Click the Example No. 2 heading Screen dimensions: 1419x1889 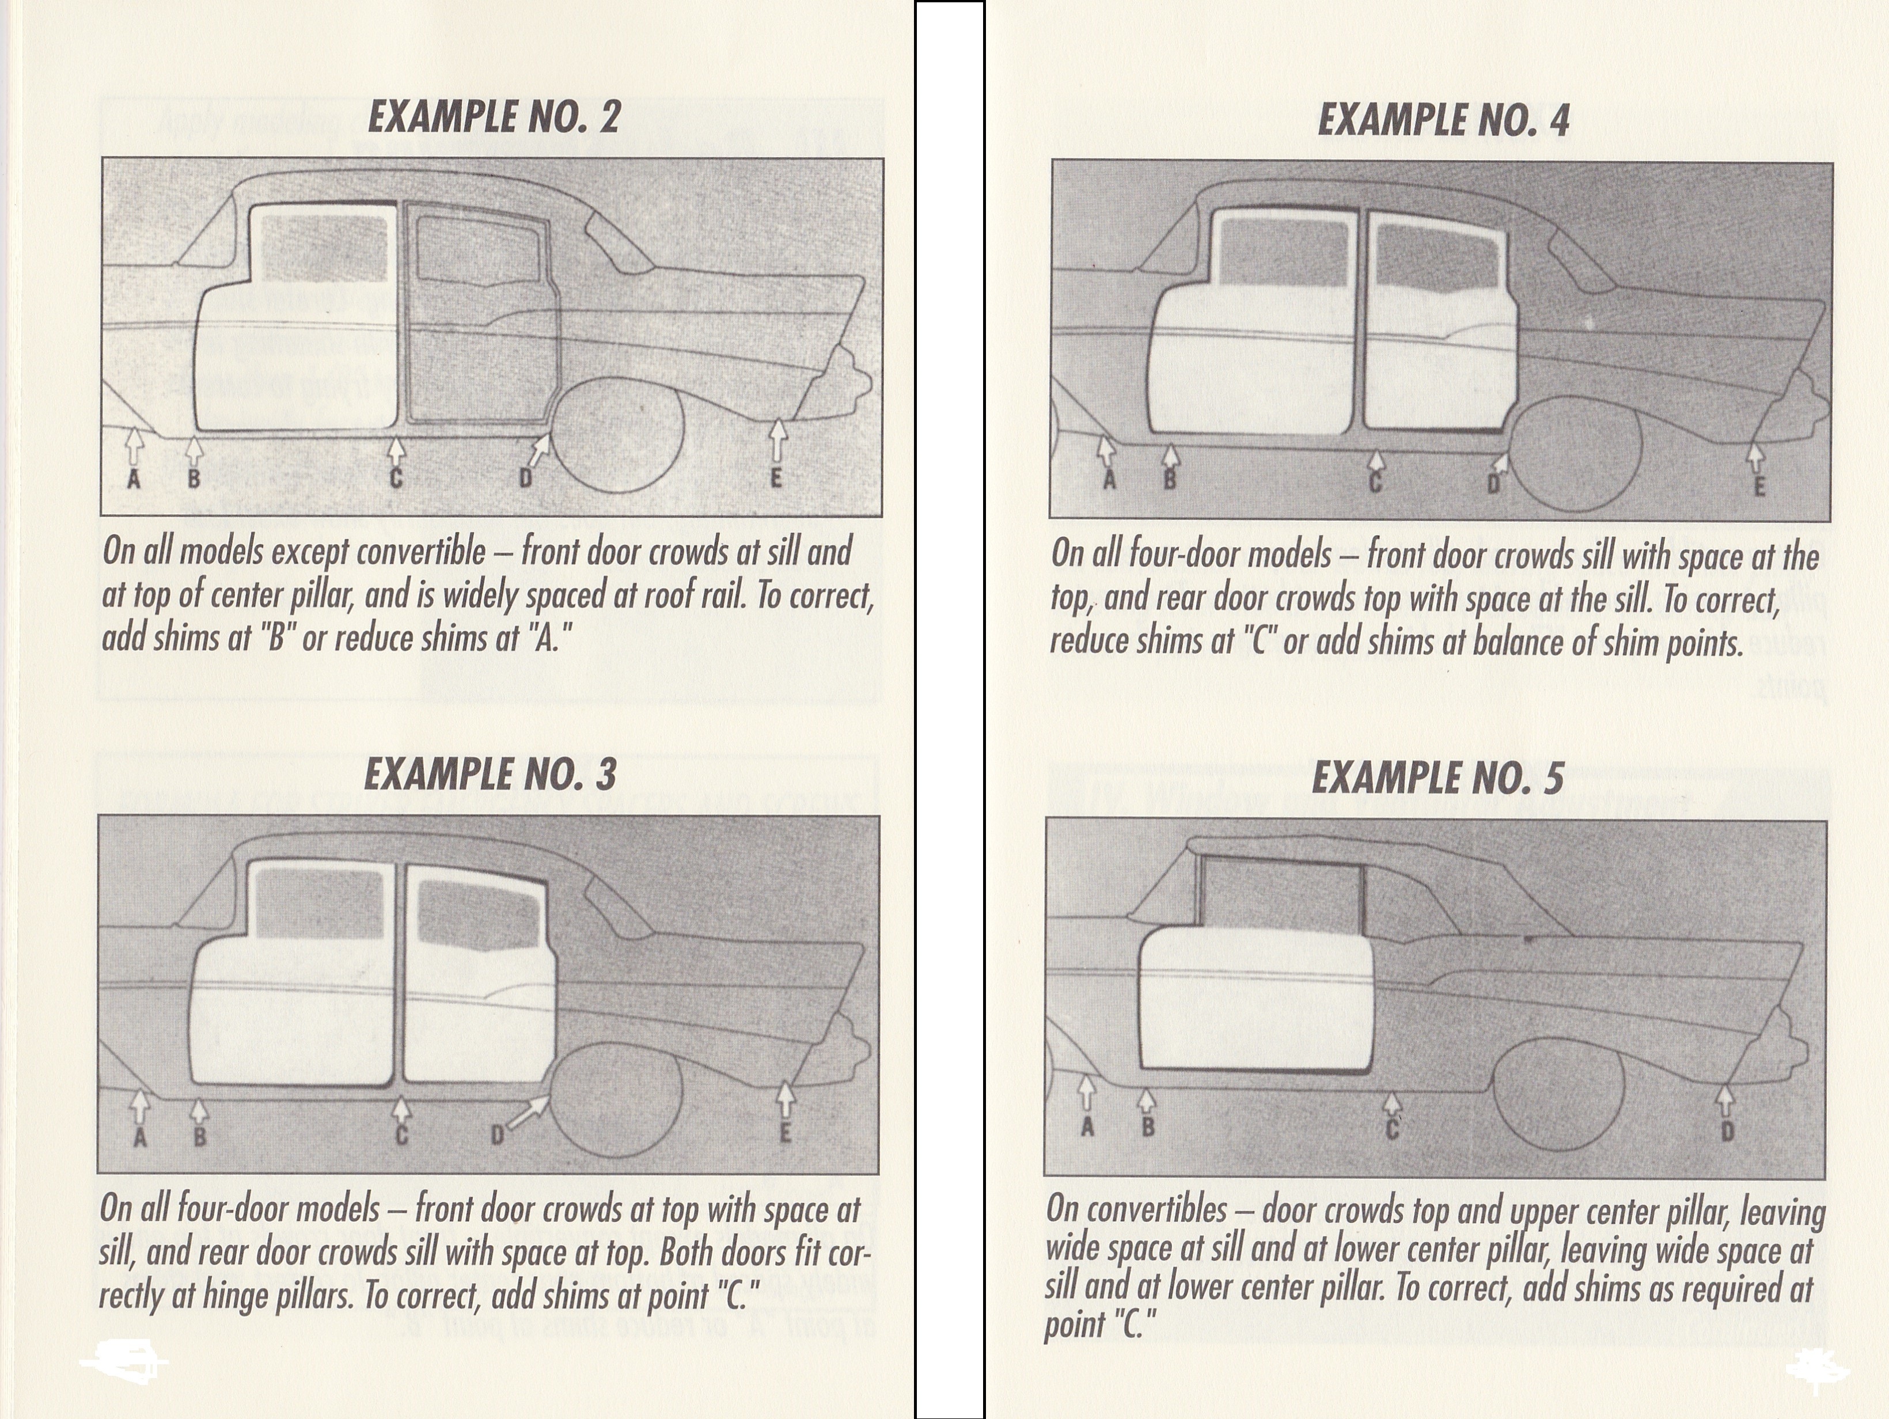[494, 117]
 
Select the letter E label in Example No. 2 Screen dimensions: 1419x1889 [775, 478]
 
